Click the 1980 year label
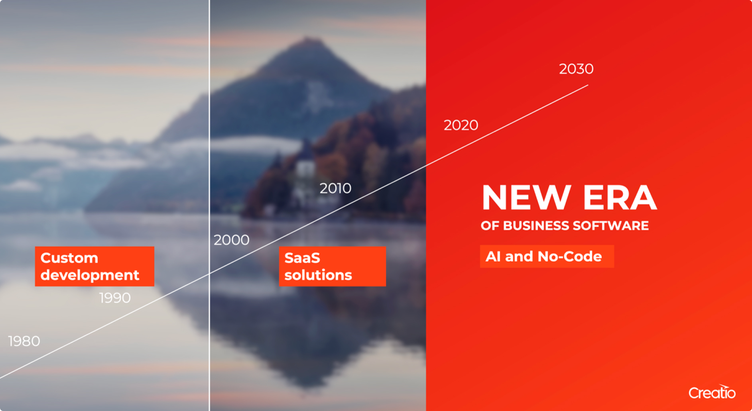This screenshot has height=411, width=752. (24, 341)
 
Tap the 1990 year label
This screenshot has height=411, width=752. (115, 298)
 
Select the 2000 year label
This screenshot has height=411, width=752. (231, 240)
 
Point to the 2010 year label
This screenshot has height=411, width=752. (335, 188)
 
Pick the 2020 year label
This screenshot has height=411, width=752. (461, 125)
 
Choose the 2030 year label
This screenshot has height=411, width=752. (576, 69)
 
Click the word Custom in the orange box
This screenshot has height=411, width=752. (69, 258)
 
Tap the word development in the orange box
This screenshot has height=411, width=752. (90, 275)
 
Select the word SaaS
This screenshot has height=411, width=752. (302, 258)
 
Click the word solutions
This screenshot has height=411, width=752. (318, 275)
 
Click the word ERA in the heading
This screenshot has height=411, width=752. (619, 198)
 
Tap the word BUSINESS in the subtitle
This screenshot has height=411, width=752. (537, 226)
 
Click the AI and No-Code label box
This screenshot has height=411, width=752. (547, 256)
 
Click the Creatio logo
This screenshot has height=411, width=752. (712, 392)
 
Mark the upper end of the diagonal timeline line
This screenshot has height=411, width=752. (587, 85)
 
